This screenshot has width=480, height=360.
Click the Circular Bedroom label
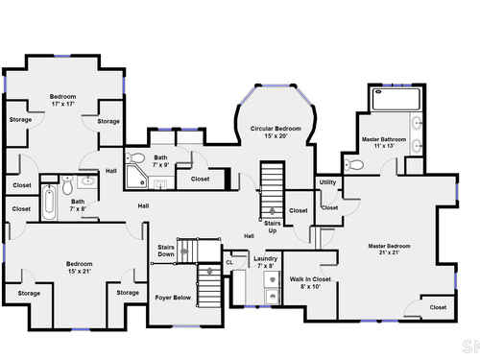click(276, 132)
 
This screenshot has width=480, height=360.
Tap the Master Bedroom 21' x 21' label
click(389, 250)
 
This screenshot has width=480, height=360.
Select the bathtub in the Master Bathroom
click(396, 99)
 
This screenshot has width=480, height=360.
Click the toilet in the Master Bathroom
click(353, 165)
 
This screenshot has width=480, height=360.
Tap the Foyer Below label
click(173, 298)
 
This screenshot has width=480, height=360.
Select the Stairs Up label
click(273, 227)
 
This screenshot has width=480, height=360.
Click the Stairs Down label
click(166, 251)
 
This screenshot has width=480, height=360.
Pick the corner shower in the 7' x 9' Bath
click(136, 177)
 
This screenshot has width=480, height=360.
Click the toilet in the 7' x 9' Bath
click(134, 157)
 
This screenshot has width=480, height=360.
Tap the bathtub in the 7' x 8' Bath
click(49, 203)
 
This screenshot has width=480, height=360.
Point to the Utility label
click(327, 182)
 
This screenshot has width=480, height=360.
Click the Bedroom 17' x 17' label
click(62, 100)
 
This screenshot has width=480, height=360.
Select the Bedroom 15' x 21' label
click(80, 268)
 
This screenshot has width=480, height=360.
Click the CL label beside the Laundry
click(229, 263)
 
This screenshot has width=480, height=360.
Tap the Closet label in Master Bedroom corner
click(438, 307)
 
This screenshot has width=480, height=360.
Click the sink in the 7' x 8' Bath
click(87, 181)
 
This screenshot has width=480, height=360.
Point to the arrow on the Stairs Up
click(272, 211)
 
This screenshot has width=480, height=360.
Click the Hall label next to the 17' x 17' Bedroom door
click(111, 171)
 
